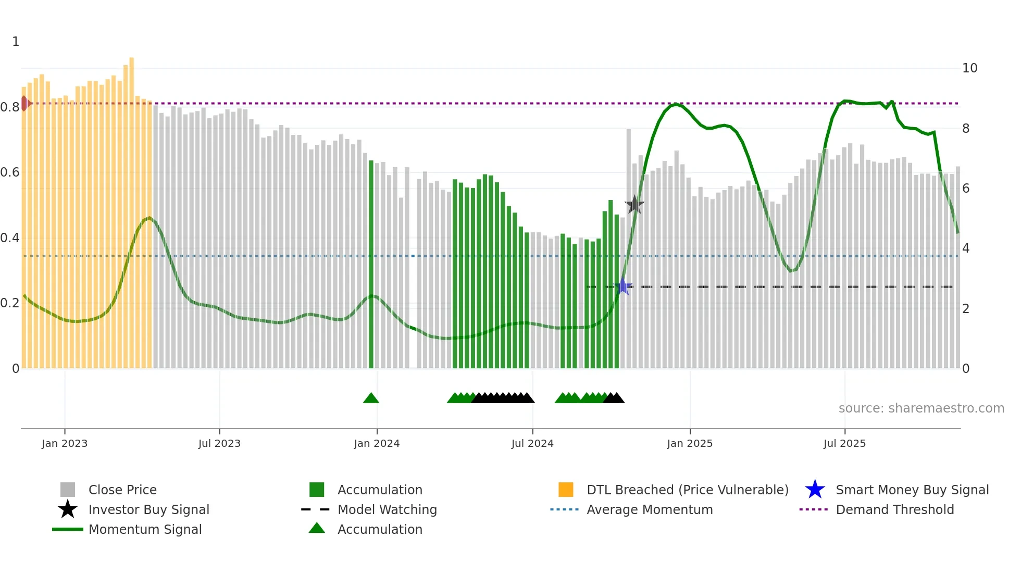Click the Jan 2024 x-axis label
[377, 443]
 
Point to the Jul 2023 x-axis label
[219, 443]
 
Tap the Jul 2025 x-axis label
[844, 443]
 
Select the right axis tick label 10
[969, 68]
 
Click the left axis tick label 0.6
[10, 172]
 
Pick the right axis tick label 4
[966, 248]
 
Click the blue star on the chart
[622, 286]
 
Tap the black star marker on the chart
[634, 205]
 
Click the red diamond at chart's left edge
[24, 104]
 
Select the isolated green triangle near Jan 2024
[371, 398]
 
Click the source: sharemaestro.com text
[921, 408]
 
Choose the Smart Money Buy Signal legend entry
[912, 490]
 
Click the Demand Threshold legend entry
[894, 510]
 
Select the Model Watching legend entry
[387, 510]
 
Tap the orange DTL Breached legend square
[566, 490]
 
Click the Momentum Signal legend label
[145, 530]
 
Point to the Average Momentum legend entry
[649, 510]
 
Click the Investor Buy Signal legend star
[68, 509]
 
